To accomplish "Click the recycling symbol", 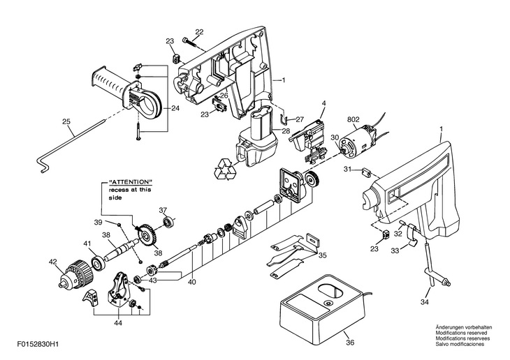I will (228, 170).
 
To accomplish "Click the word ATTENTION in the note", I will (131, 183).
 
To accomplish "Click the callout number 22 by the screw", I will (199, 32).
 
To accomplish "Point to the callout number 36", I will (350, 343).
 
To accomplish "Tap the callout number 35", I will (322, 255).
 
